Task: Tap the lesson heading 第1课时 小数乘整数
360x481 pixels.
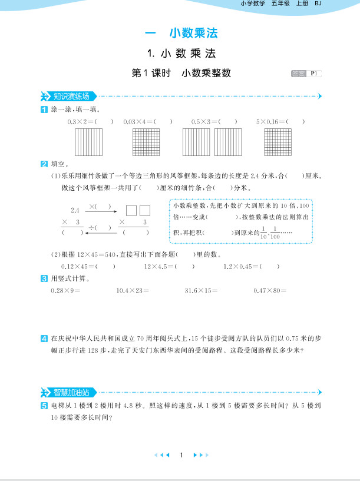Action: click(x=181, y=73)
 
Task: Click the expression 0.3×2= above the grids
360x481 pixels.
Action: click(x=82, y=121)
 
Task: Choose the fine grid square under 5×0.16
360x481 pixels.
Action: click(x=278, y=142)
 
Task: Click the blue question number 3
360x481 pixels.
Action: click(x=44, y=278)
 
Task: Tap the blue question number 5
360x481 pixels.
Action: click(x=44, y=406)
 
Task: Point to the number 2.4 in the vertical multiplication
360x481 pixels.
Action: click(x=75, y=210)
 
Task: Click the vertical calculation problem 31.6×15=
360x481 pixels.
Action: click(x=201, y=290)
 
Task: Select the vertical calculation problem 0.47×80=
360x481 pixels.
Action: click(x=269, y=290)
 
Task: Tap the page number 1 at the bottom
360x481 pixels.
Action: click(x=181, y=455)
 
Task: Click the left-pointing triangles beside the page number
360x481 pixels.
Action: click(x=161, y=455)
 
